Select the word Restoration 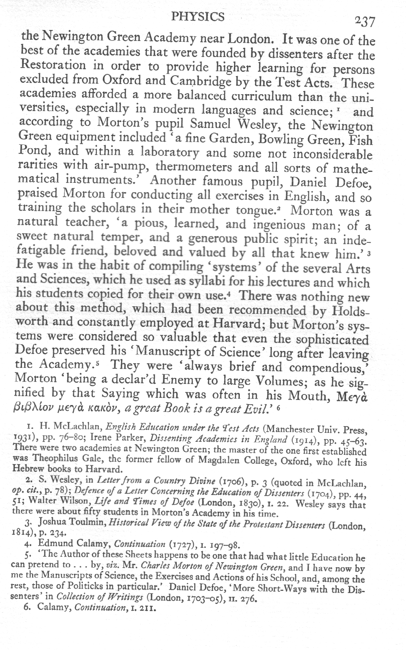[x=53, y=66]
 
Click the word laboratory [x=173, y=152]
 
